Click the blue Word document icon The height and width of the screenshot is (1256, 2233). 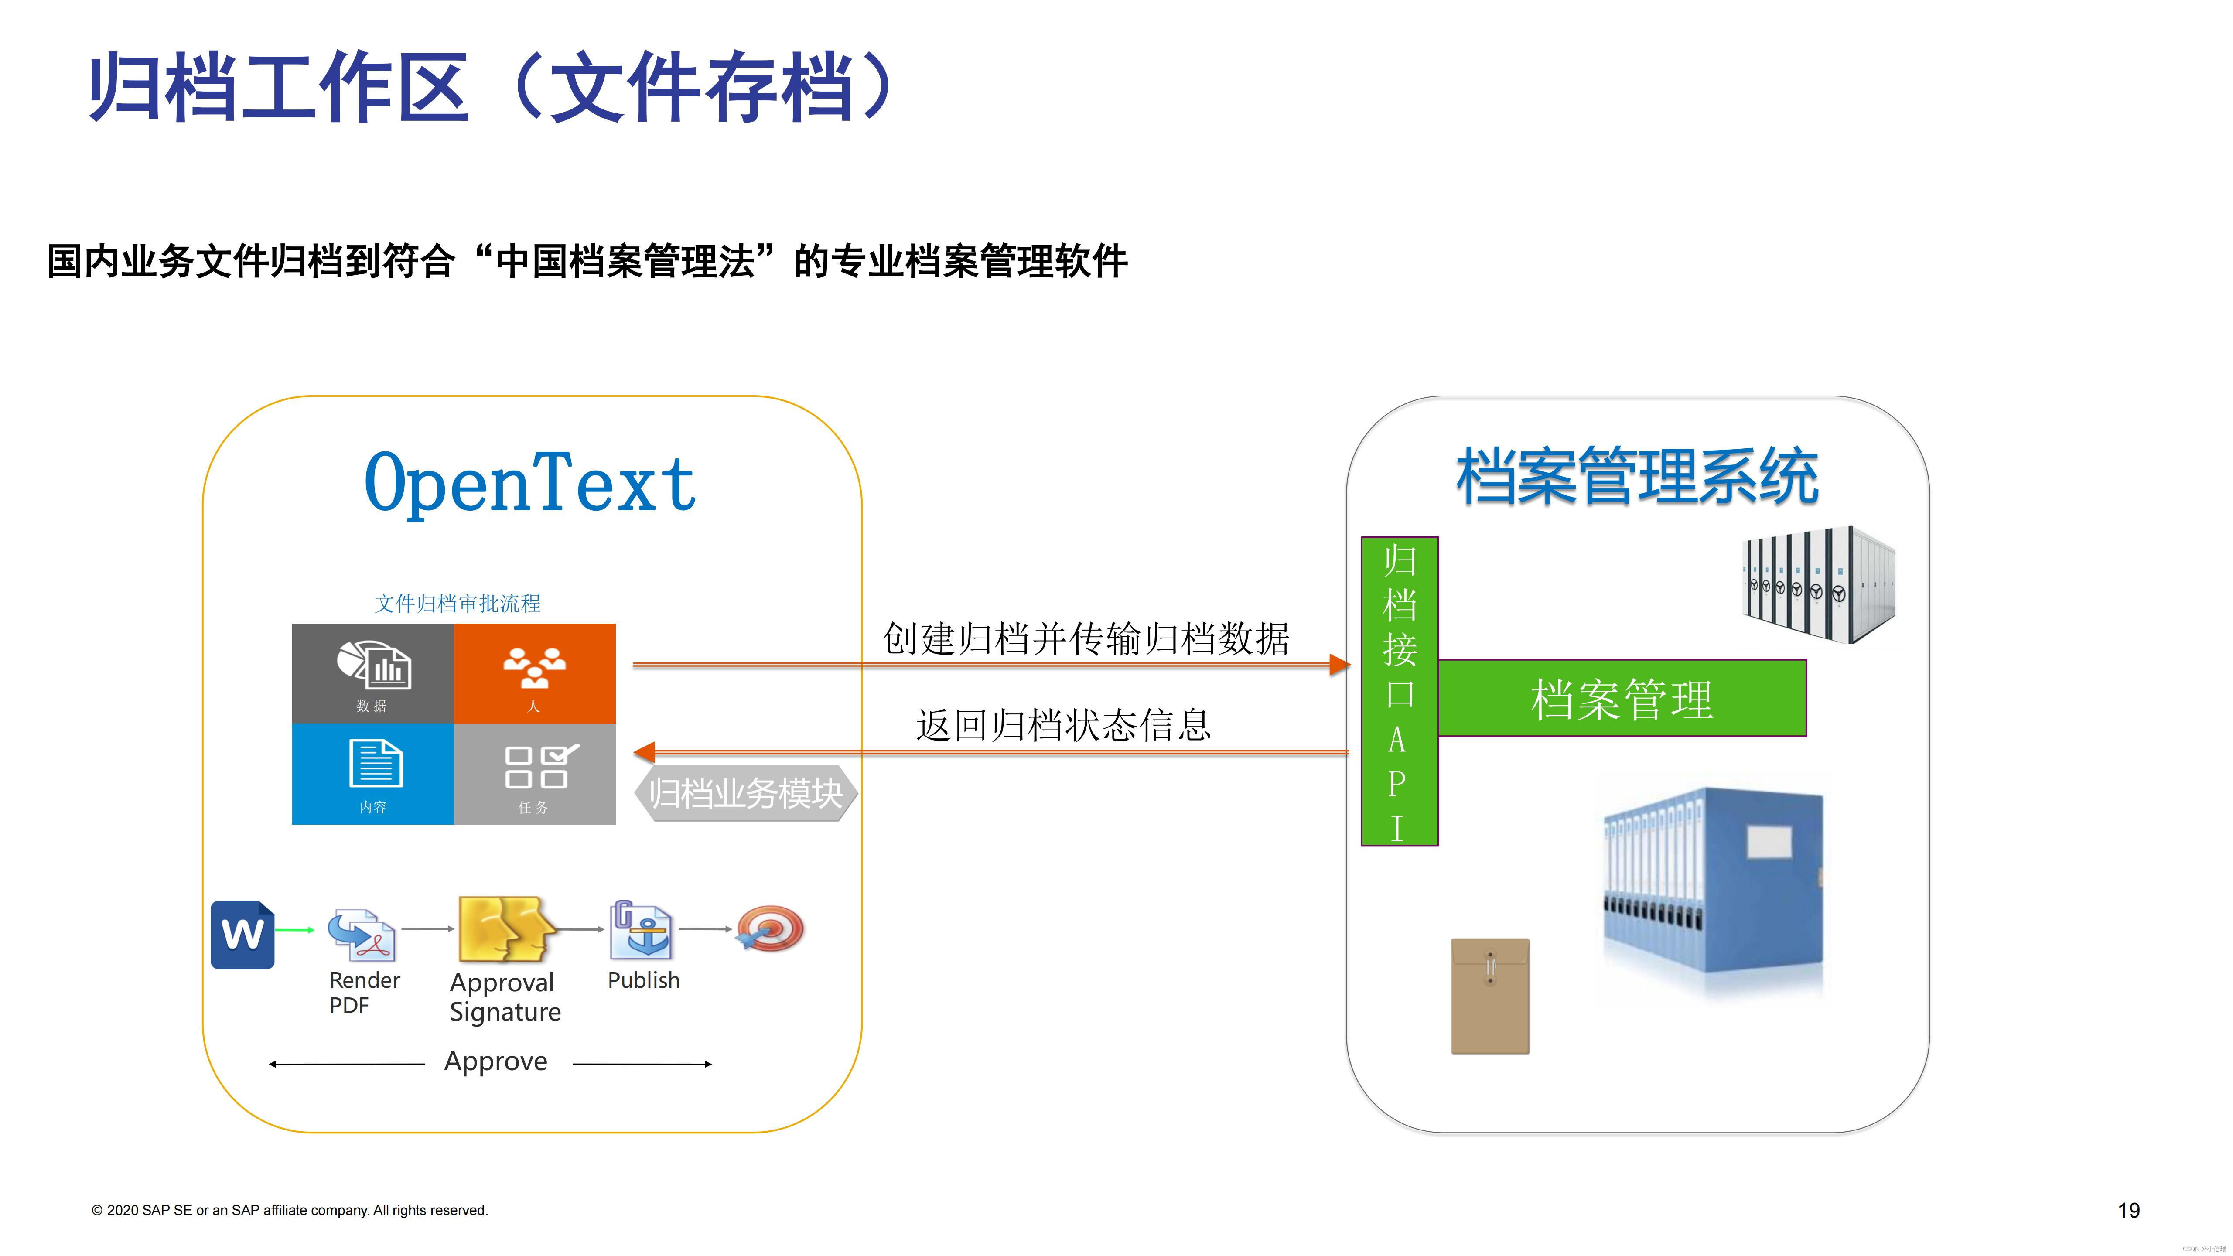(x=243, y=935)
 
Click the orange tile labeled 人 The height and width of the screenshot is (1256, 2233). (x=534, y=673)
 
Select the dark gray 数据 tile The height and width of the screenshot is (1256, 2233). (x=373, y=673)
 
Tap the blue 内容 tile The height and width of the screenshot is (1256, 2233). (x=373, y=774)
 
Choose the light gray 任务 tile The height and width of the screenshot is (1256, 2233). (x=534, y=774)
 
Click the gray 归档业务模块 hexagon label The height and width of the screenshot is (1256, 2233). (x=745, y=793)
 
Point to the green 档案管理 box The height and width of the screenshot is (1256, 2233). (x=1621, y=699)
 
